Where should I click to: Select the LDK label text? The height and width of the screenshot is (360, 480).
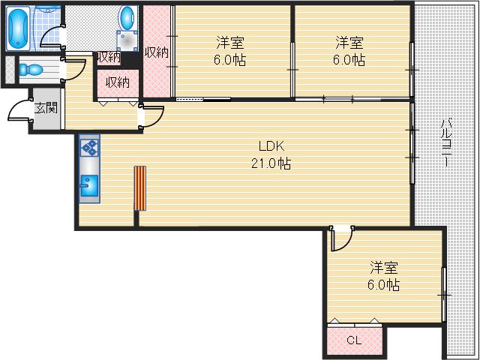271,146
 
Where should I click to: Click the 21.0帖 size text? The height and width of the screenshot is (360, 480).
271,162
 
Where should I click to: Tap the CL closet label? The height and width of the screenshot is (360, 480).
353,340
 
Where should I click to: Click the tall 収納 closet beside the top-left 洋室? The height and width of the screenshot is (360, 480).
156,52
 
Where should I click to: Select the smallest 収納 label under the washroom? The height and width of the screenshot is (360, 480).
108,57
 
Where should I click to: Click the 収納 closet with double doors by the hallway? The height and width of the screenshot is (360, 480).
118,82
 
